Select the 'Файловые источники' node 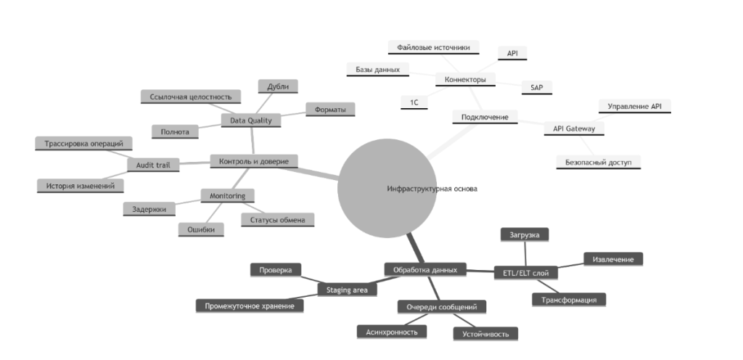click(x=433, y=47)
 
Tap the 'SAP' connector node click(x=536, y=87)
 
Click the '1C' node click(x=414, y=102)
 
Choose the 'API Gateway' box click(x=574, y=128)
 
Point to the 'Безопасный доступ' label click(x=599, y=161)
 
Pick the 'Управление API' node click(x=634, y=106)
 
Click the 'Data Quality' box click(x=250, y=120)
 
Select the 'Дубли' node click(x=277, y=86)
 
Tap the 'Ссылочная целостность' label click(x=190, y=97)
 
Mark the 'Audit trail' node click(x=153, y=165)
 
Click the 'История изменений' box click(x=80, y=186)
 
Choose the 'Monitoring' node click(x=227, y=196)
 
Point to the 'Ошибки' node click(x=201, y=229)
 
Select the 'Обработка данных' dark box click(x=424, y=269)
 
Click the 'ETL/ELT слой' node click(x=525, y=273)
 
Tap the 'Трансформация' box click(x=569, y=299)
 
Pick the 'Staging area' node click(x=347, y=290)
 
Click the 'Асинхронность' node click(x=392, y=331)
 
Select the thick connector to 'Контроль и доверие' click(x=319, y=171)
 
